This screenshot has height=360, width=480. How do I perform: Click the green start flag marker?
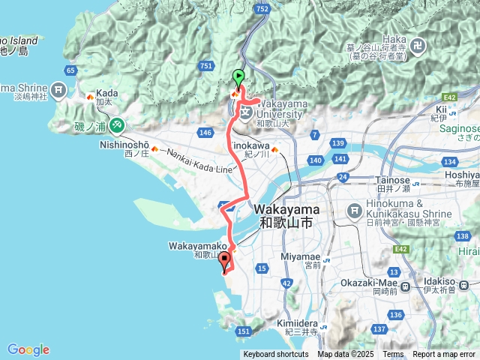coord(238,76)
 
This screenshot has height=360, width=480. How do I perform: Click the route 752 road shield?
coord(262,8)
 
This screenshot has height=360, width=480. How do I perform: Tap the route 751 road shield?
coord(207,67)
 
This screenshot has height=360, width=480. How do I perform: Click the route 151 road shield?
coord(243,331)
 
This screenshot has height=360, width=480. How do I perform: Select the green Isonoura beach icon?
coord(116,124)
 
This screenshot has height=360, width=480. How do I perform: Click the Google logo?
coord(28,349)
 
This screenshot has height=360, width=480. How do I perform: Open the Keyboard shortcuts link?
coord(275,355)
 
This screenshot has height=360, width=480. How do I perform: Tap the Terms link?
coord(393,355)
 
